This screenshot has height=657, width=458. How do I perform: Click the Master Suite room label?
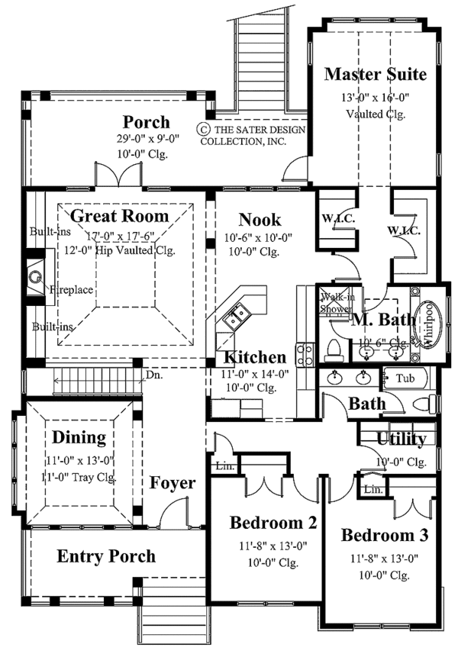pyautogui.click(x=375, y=74)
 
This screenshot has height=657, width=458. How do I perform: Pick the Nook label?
pyautogui.click(x=260, y=220)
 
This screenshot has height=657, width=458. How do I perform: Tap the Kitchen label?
pyautogui.click(x=254, y=357)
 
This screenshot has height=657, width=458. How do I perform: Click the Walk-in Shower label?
pyautogui.click(x=336, y=303)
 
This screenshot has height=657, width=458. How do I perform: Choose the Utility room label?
pyautogui.click(x=402, y=439)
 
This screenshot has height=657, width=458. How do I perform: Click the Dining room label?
pyautogui.click(x=79, y=437)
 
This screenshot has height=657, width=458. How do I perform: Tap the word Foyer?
pyautogui.click(x=172, y=483)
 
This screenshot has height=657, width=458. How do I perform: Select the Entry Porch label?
pyautogui.click(x=105, y=556)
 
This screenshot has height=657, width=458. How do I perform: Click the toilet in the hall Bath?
pyautogui.click(x=422, y=404)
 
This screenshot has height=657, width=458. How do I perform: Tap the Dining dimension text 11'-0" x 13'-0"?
pyautogui.click(x=79, y=460)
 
